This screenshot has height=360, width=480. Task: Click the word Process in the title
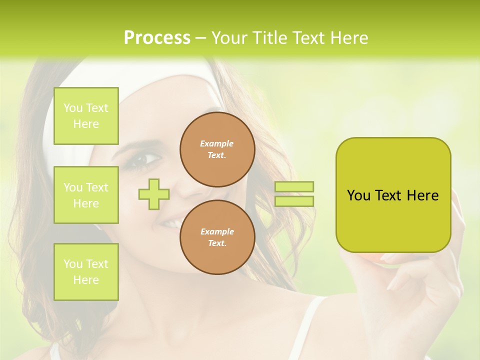[157, 38]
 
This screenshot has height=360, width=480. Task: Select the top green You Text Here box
[86, 116]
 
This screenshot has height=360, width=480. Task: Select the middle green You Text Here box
[86, 195]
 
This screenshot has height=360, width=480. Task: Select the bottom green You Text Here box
[86, 272]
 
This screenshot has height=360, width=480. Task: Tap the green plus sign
[154, 194]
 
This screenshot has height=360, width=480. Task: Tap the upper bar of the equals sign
[294, 186]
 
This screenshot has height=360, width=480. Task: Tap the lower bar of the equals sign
[294, 201]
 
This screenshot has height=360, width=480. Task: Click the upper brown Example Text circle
[217, 149]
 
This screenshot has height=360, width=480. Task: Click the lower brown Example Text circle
[217, 237]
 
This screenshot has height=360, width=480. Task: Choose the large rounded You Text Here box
[393, 195]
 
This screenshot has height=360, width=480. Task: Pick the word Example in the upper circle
[216, 143]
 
